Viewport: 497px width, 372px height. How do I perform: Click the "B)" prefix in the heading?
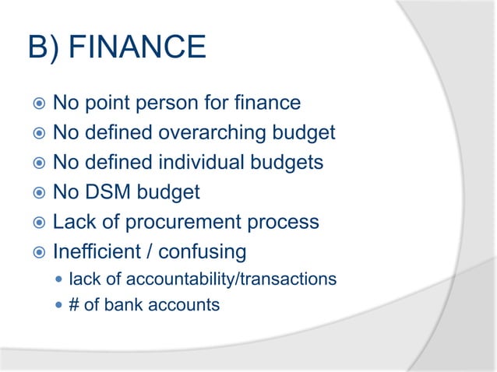pos(44,48)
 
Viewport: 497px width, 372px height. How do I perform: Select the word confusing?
pos(203,251)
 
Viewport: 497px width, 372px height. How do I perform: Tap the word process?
pos(284,222)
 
